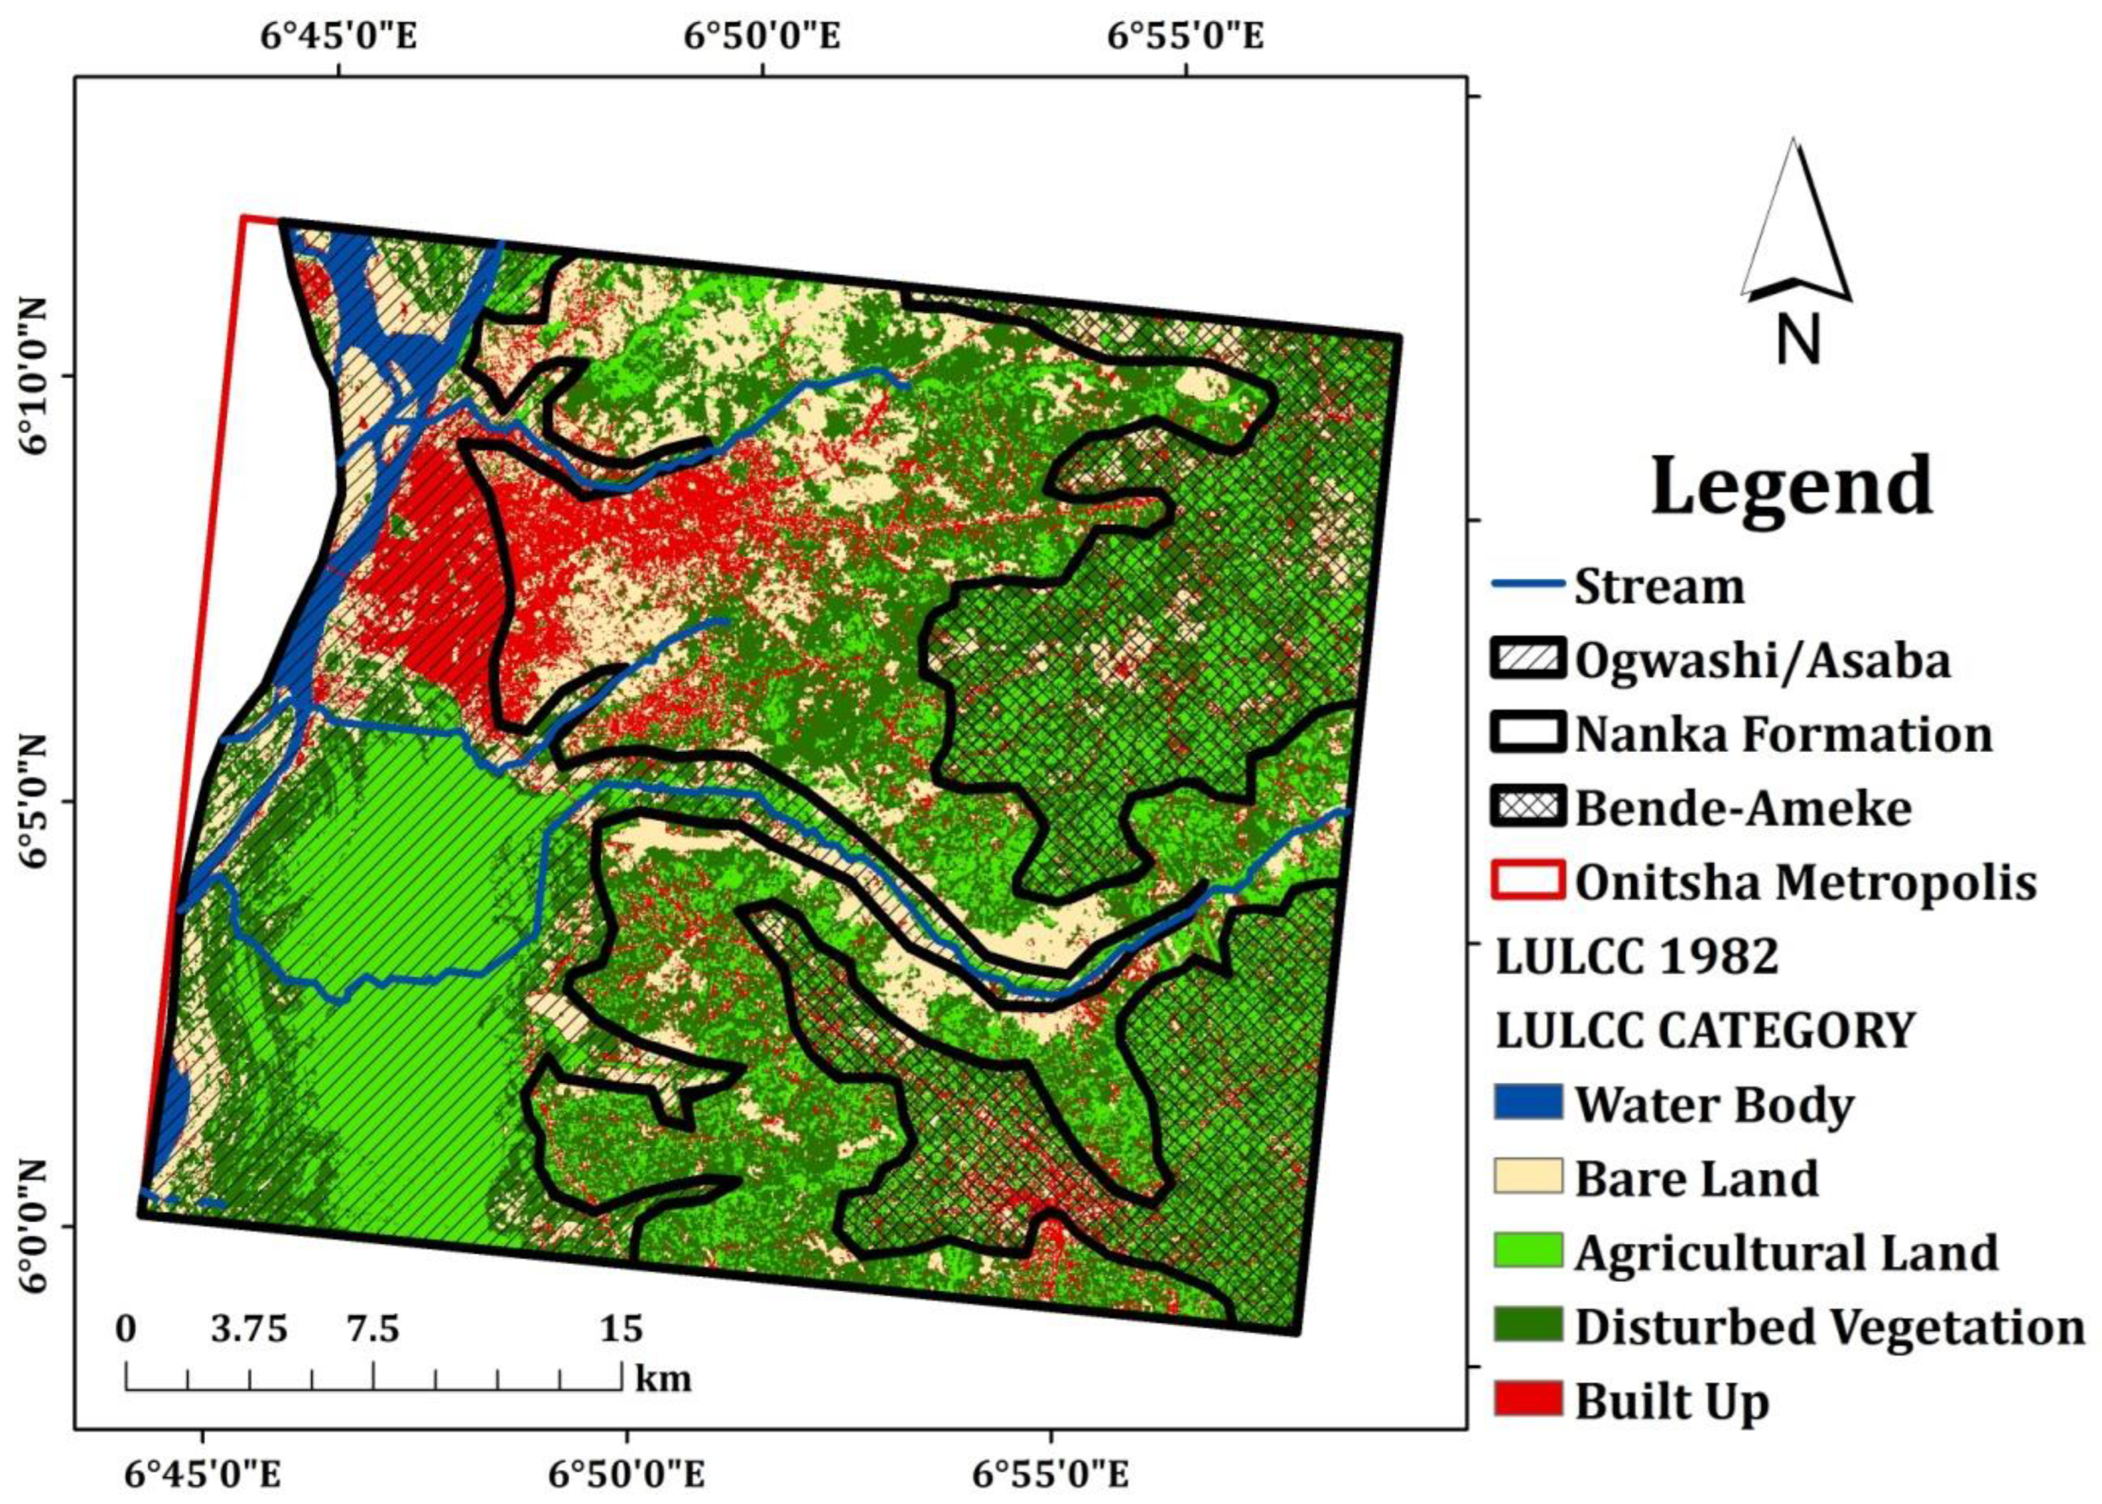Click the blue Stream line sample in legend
(1527, 584)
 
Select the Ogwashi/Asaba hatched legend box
(1527, 659)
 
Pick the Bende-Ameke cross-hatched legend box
(1527, 807)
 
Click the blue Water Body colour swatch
(1527, 1102)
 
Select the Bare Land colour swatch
(1527, 1177)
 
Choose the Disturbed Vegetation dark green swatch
(1527, 1324)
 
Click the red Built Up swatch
(1527, 1399)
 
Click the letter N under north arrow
(1797, 339)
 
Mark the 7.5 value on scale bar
(372, 1329)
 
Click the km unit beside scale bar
(663, 1379)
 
